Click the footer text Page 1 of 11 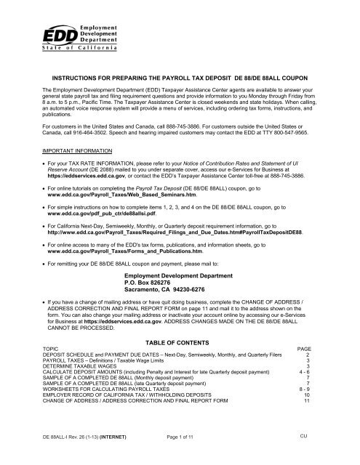click(178, 454)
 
